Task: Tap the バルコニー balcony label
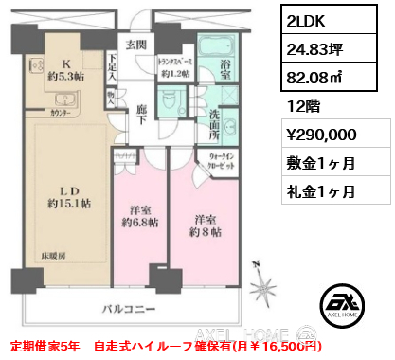point(132,310)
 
